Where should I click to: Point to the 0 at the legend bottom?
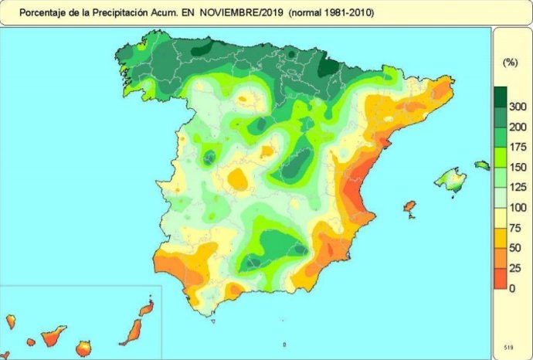(x=512, y=288)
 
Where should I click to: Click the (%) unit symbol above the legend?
(x=509, y=62)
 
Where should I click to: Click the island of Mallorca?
(x=450, y=181)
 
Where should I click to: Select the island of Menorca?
(x=481, y=165)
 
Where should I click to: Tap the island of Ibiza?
(x=409, y=209)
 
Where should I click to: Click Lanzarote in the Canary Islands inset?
(x=145, y=309)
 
